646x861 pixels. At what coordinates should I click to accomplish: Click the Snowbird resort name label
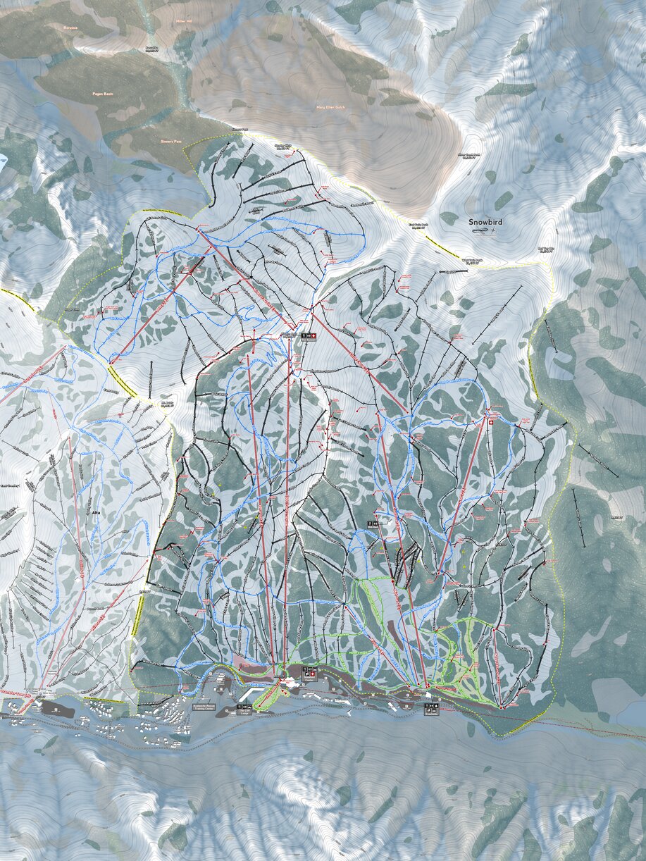(x=487, y=221)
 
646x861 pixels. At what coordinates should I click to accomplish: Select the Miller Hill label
(x=184, y=22)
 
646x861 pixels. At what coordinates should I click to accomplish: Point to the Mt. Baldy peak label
(x=166, y=405)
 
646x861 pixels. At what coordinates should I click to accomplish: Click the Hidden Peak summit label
(x=287, y=335)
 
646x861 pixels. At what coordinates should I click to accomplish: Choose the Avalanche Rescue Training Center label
(x=185, y=707)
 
